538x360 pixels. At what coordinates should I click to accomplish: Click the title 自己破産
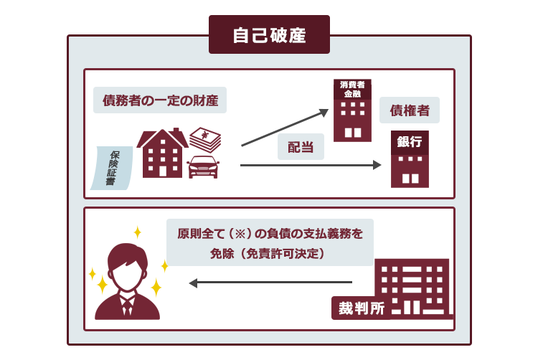pyautogui.click(x=269, y=35)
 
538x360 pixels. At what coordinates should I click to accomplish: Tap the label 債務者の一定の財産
pyautogui.click(x=160, y=100)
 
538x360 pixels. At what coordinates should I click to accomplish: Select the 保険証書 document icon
pyautogui.click(x=112, y=168)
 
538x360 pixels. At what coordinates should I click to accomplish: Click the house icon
pyautogui.click(x=162, y=153)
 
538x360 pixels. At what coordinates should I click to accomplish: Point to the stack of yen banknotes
pyautogui.click(x=205, y=139)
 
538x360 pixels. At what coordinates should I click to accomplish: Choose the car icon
pyautogui.click(x=204, y=167)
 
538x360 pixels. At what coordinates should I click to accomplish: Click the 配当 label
pyautogui.click(x=301, y=147)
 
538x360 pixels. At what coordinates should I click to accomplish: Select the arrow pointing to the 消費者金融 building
pyautogui.click(x=285, y=128)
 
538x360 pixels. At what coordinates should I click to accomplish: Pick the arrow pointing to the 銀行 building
pyautogui.click(x=311, y=165)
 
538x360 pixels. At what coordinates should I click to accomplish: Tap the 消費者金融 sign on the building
pyautogui.click(x=352, y=89)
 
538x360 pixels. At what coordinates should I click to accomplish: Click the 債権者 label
pyautogui.click(x=410, y=110)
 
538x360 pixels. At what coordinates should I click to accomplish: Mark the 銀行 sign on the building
pyautogui.click(x=410, y=141)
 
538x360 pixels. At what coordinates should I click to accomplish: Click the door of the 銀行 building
pyautogui.click(x=410, y=179)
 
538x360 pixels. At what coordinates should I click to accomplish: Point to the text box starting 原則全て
pyautogui.click(x=270, y=242)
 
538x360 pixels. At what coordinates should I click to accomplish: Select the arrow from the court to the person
pyautogui.click(x=270, y=283)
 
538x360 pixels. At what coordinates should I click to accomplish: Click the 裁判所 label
pyautogui.click(x=362, y=308)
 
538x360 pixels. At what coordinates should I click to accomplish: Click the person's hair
pyautogui.click(x=127, y=255)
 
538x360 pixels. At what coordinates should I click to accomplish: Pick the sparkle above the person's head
pyautogui.click(x=138, y=232)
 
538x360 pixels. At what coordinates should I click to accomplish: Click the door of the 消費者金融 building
pyautogui.click(x=353, y=133)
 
